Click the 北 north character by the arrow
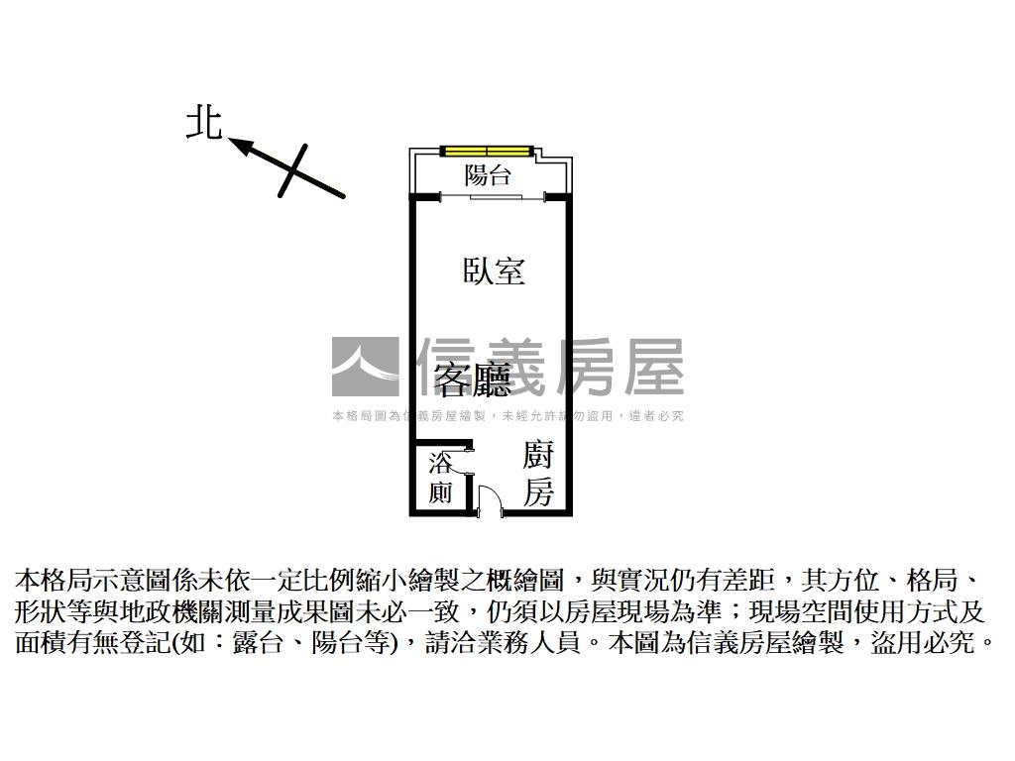(204, 123)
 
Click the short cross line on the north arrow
(292, 170)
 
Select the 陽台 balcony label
(488, 174)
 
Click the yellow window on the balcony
(487, 152)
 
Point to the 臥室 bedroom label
(494, 272)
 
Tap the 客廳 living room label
(473, 379)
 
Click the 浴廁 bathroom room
(440, 478)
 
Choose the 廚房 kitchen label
(538, 474)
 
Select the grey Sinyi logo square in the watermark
(365, 367)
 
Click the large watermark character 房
(584, 367)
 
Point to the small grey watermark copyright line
(507, 416)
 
